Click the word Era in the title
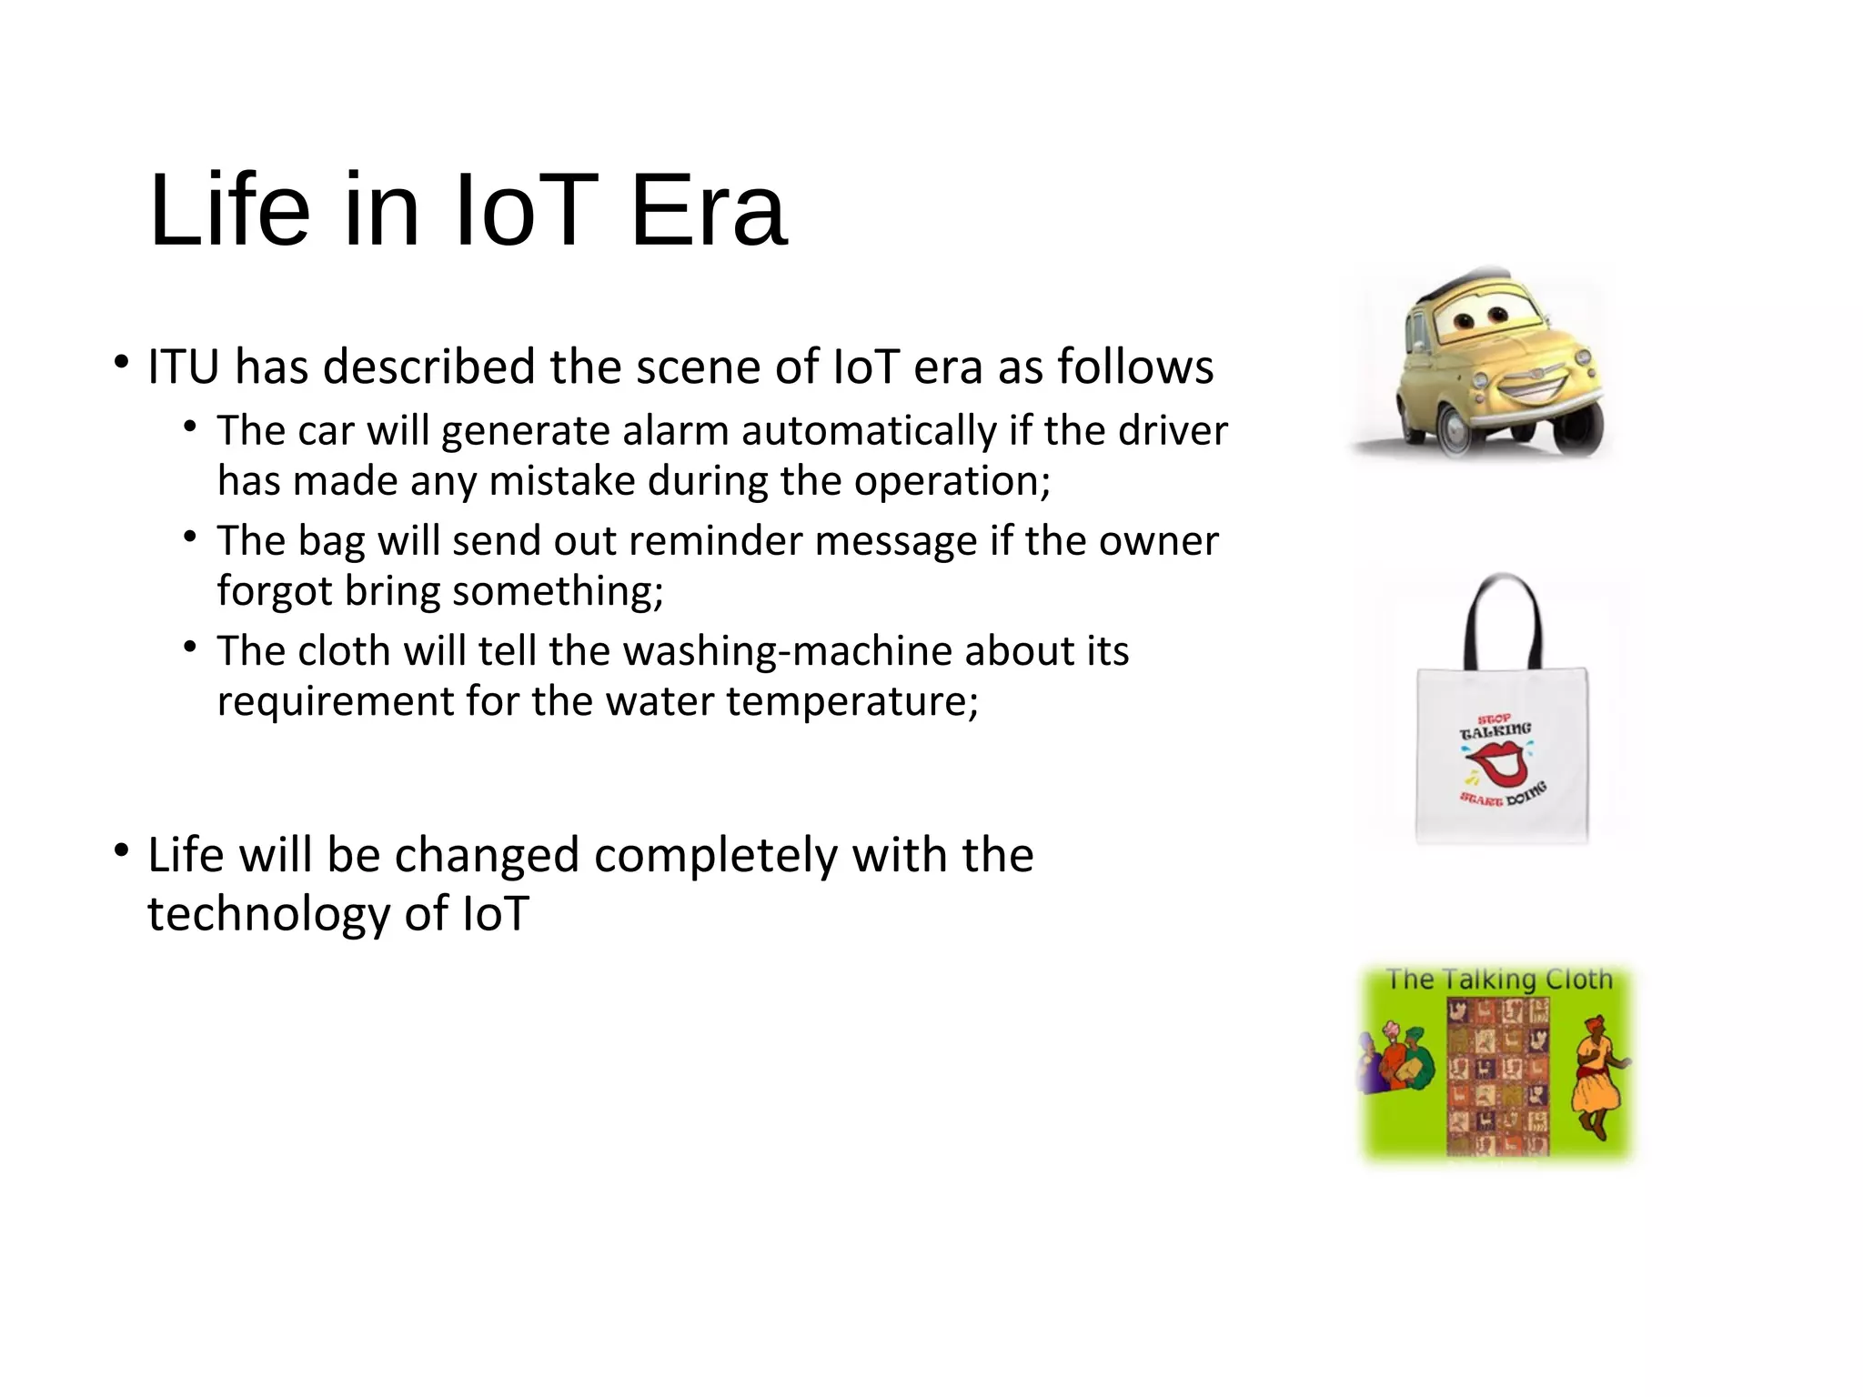pos(708,212)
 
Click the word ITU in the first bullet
pos(183,367)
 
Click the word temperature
pos(851,701)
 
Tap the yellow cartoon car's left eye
pos(1464,321)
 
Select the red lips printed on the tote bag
pos(1499,762)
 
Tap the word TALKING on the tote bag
pos(1495,731)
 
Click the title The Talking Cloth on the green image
pos(1498,980)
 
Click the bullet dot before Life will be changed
pos(121,851)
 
